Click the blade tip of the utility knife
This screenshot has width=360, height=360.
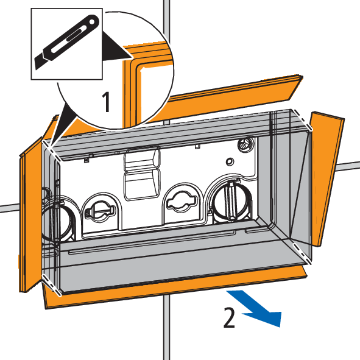tap(36, 68)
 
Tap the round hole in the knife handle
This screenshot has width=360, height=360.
tap(92, 22)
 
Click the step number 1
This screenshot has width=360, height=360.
tap(107, 102)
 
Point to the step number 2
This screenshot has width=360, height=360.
tap(229, 318)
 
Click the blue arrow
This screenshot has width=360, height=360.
tap(255, 308)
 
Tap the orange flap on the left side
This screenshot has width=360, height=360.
tap(30, 214)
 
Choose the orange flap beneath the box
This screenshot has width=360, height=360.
tap(174, 287)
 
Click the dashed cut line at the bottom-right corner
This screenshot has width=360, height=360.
tap(302, 253)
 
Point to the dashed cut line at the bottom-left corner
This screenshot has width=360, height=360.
tap(52, 284)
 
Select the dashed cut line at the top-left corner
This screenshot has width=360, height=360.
tap(52, 151)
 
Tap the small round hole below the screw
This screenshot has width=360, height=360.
tap(229, 161)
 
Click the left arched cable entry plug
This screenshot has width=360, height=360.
tap(100, 210)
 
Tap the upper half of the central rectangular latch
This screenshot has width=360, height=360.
tap(143, 158)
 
